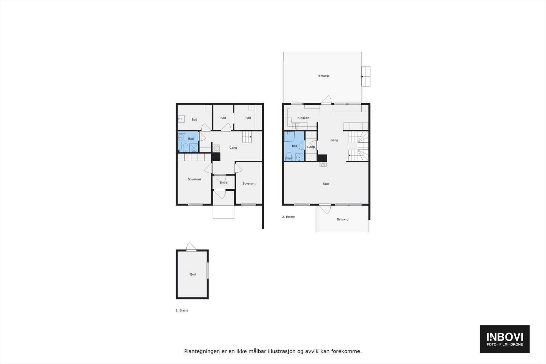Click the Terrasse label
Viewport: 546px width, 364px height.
tap(323, 76)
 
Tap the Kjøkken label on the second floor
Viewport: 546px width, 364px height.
tap(303, 118)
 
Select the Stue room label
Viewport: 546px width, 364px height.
tap(326, 184)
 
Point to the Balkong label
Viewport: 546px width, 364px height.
tap(342, 219)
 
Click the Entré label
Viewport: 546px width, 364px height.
tap(224, 183)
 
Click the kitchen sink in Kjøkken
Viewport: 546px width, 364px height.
tap(295, 126)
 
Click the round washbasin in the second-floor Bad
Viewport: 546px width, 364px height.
tap(299, 157)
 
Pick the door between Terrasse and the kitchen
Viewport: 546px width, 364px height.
tap(327, 100)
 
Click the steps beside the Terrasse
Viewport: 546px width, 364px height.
tap(366, 77)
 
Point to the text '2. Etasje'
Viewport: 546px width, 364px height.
tap(288, 217)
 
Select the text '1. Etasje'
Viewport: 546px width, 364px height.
tap(182, 310)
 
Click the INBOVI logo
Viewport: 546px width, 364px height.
tap(504, 339)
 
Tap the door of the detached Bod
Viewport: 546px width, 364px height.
tap(191, 247)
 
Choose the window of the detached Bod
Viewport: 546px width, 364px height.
tap(207, 271)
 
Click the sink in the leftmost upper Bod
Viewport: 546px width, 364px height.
tap(181, 119)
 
